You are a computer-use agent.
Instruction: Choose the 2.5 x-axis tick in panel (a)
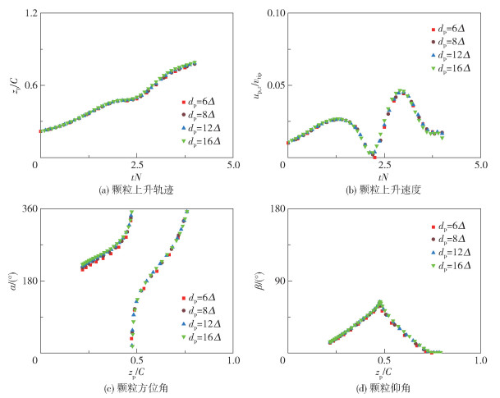(136, 166)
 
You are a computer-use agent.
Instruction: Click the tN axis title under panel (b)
(382, 177)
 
